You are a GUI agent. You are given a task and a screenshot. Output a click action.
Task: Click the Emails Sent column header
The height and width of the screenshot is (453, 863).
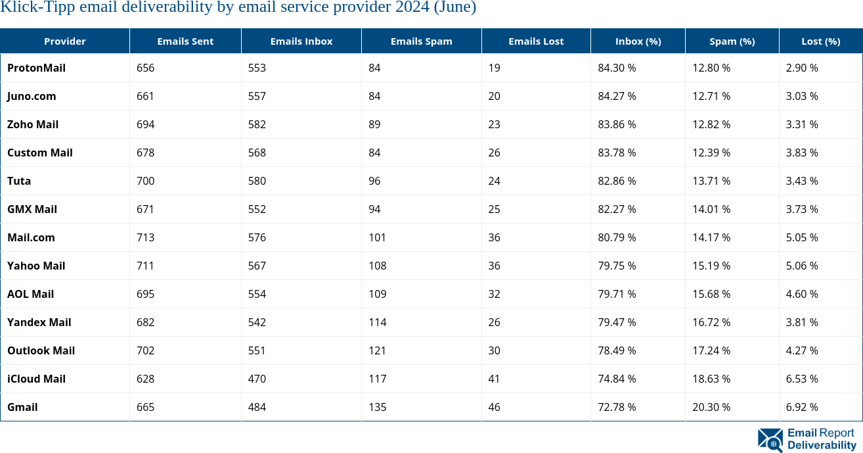(x=185, y=41)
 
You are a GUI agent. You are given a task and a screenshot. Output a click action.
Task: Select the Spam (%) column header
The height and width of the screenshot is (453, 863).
(x=732, y=41)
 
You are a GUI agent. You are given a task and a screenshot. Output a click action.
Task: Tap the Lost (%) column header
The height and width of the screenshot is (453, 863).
(x=820, y=41)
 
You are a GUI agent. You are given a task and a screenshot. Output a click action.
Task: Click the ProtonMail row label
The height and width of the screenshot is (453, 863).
(x=36, y=68)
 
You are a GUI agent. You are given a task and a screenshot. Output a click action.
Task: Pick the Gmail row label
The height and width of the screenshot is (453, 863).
(x=22, y=407)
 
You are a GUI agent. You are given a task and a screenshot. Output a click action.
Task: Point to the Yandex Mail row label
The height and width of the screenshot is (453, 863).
(x=39, y=322)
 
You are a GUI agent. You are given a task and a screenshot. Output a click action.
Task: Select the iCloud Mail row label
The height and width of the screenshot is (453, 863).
(x=36, y=379)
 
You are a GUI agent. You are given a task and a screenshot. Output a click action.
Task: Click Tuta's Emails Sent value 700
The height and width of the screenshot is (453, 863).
(x=145, y=181)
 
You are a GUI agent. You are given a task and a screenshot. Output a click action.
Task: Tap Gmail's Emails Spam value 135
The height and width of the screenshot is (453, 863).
(x=377, y=407)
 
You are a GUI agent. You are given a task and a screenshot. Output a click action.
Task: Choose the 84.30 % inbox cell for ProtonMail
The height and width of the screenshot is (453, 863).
(x=617, y=68)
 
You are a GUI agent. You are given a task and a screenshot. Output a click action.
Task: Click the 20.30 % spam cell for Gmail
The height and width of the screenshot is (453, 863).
(x=711, y=407)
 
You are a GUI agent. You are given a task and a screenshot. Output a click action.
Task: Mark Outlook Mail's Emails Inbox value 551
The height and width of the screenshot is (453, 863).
(x=257, y=350)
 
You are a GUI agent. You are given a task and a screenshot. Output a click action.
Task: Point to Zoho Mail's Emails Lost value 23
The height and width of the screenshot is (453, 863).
(x=494, y=124)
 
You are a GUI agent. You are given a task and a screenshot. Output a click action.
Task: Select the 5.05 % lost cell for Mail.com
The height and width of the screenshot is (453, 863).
(x=802, y=237)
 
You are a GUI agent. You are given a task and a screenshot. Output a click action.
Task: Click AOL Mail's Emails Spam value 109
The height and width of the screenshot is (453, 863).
(x=377, y=294)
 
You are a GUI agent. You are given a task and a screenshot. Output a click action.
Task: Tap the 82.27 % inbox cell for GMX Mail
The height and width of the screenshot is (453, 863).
(x=617, y=209)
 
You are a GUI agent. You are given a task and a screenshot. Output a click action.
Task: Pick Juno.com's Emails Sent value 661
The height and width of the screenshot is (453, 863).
(x=145, y=96)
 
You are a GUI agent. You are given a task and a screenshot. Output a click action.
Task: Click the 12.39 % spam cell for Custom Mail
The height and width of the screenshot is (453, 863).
(x=711, y=153)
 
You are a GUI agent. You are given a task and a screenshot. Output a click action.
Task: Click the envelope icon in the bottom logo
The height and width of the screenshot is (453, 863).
(x=770, y=440)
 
